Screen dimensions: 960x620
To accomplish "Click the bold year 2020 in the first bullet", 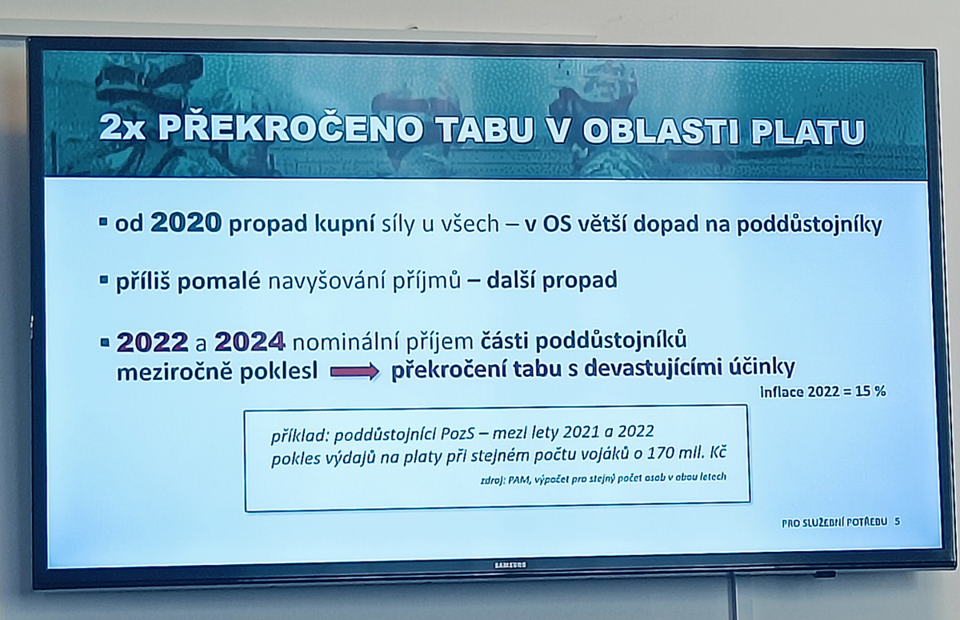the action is [186, 223].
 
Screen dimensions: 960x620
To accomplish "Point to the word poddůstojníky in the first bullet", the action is [809, 226].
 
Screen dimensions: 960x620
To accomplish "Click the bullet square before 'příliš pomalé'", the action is [103, 280].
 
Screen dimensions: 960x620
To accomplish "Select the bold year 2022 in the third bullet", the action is [152, 342].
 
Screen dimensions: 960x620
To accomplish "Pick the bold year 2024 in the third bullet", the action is [250, 342].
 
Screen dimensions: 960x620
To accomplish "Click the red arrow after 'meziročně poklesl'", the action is [354, 371].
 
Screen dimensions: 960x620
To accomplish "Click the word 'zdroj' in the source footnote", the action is [493, 480].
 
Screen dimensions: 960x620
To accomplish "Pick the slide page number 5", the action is [898, 522].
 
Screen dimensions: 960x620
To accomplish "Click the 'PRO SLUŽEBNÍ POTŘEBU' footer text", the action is [834, 522].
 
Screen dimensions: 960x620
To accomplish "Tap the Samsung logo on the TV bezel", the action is [510, 565].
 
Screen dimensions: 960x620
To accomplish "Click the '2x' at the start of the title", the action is [122, 128].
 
